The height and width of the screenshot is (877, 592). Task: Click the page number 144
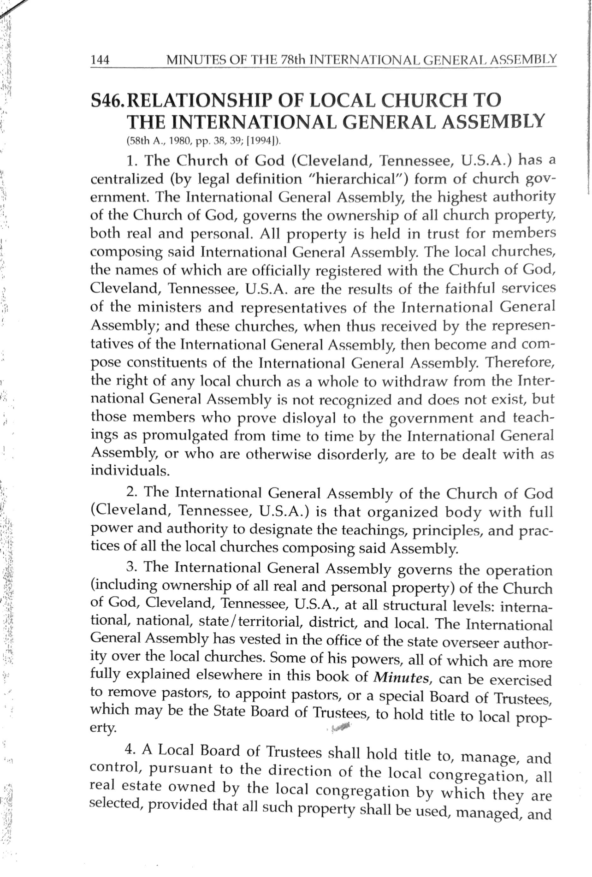(x=100, y=60)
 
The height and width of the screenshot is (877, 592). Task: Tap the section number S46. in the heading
(x=107, y=101)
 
